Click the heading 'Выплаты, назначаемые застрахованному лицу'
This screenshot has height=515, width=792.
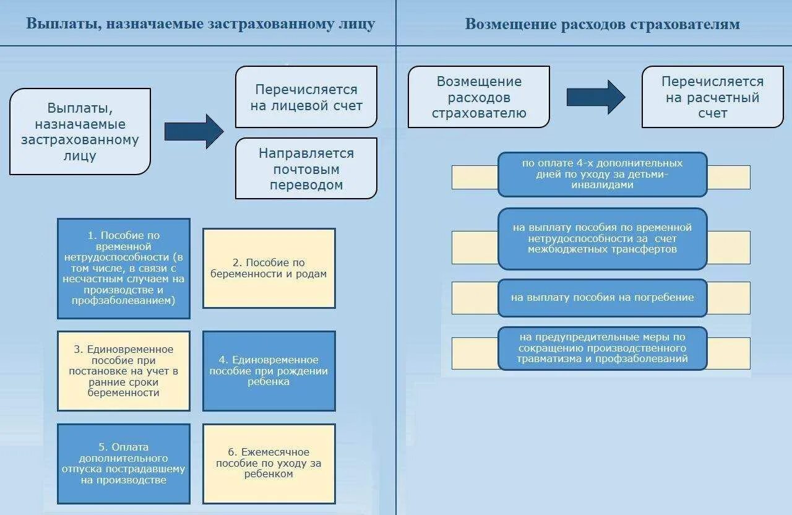pyautogui.click(x=200, y=24)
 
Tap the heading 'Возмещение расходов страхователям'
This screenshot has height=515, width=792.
pyautogui.click(x=602, y=24)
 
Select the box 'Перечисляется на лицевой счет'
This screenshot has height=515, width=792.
pyautogui.click(x=306, y=97)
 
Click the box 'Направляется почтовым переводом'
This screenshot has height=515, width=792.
pyautogui.click(x=306, y=168)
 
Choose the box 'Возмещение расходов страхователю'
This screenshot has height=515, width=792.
pyautogui.click(x=479, y=97)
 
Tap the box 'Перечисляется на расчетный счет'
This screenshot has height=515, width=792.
pyautogui.click(x=712, y=97)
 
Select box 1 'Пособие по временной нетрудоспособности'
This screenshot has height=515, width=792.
pyautogui.click(x=124, y=268)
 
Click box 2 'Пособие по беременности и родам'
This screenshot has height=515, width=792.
pyautogui.click(x=269, y=268)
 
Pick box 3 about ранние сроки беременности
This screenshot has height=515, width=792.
pyautogui.click(x=124, y=371)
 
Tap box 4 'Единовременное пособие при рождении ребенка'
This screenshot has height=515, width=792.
pyautogui.click(x=269, y=371)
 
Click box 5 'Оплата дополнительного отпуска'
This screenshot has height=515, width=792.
pyautogui.click(x=124, y=464)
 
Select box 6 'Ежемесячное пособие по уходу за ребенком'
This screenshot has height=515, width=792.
pyautogui.click(x=269, y=464)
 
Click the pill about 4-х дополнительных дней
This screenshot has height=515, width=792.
pyautogui.click(x=602, y=174)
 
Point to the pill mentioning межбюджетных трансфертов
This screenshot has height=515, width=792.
pyautogui.click(x=602, y=238)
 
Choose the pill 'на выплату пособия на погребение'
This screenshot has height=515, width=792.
pyautogui.click(x=602, y=298)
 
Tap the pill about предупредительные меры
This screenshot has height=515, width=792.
pyautogui.click(x=602, y=348)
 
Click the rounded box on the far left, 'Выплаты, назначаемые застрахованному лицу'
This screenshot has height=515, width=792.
pyautogui.click(x=80, y=131)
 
